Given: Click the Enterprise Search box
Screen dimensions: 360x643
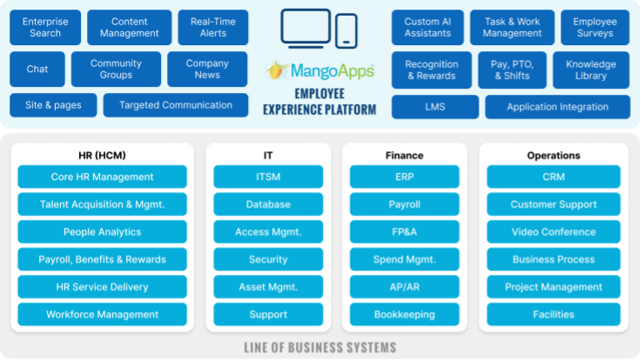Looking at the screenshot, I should tap(45, 27).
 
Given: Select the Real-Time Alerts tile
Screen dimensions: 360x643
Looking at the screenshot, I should tap(212, 27).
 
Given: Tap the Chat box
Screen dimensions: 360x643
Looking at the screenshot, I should tap(37, 69).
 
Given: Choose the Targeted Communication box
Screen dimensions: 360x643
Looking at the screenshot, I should tap(176, 105).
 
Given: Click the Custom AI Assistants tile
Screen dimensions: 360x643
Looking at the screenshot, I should tap(427, 27).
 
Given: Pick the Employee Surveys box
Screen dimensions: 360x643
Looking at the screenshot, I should tap(595, 27).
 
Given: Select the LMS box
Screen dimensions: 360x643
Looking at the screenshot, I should tap(434, 107).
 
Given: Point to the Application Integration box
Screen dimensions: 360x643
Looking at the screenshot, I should tap(558, 107).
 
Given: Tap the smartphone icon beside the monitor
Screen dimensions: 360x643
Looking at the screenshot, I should tap(346, 30).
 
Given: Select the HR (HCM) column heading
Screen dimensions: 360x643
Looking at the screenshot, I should tap(102, 156).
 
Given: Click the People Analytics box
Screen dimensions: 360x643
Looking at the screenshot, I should tap(102, 232).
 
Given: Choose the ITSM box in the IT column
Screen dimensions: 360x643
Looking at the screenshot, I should tap(268, 177).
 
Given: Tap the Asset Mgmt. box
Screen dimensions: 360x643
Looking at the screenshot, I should tap(268, 287).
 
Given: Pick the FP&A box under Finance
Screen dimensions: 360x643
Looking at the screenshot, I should tap(404, 232).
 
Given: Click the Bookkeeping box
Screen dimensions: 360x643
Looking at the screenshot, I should tap(404, 314).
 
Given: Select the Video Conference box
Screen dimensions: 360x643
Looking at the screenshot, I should tap(553, 232).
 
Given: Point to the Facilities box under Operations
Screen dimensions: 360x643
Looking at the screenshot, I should tap(553, 314).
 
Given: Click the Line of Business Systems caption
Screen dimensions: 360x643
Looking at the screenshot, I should tap(320, 348).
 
